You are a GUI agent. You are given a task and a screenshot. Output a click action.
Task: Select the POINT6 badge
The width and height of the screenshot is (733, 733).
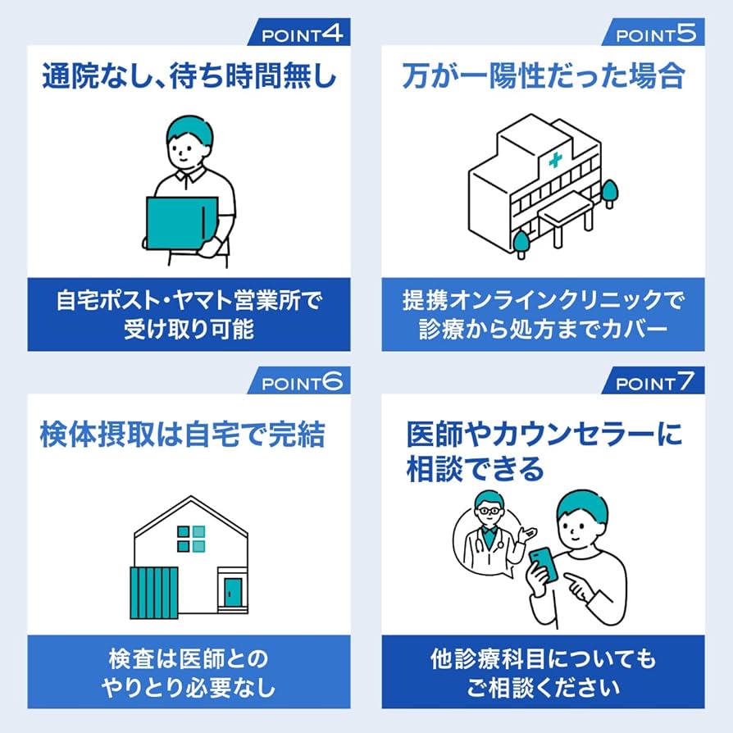tap(302, 382)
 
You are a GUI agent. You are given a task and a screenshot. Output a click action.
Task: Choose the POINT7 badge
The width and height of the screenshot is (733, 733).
tap(655, 382)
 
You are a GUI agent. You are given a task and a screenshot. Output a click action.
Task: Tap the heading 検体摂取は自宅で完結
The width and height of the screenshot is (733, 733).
tap(183, 435)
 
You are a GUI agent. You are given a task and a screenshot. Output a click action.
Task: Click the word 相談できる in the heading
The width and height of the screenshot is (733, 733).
tap(475, 469)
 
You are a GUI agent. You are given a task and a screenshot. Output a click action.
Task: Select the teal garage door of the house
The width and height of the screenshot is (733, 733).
tap(153, 592)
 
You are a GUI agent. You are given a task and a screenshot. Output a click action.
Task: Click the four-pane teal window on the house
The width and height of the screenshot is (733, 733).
tap(191, 539)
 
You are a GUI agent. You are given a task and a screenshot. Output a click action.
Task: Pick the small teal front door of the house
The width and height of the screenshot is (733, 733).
tap(234, 592)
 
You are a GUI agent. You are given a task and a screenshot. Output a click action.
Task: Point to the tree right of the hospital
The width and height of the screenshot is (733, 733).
tap(609, 193)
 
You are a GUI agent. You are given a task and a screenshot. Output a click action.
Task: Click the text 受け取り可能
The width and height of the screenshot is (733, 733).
tap(189, 330)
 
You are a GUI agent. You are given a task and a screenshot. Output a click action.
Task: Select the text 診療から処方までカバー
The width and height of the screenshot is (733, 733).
tap(543, 330)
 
